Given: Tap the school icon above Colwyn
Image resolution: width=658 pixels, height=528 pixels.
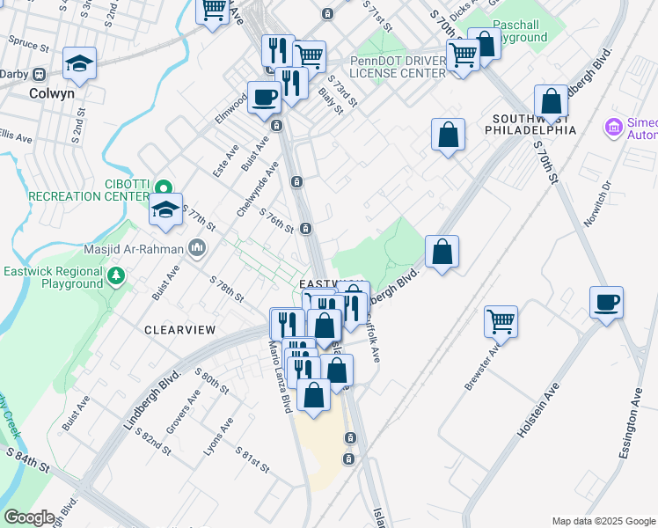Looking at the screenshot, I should [79, 62].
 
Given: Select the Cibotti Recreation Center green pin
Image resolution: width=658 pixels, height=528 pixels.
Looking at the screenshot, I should [163, 187].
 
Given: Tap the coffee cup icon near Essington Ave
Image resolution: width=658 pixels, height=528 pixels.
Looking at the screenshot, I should [607, 304].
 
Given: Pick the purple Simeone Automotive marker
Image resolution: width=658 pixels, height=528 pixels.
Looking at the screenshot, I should [613, 128].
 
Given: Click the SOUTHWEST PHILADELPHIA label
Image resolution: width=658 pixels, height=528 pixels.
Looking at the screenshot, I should [534, 124].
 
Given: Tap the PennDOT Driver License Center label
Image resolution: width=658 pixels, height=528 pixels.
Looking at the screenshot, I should [398, 67].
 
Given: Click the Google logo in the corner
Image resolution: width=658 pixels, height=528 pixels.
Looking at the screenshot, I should [29, 517].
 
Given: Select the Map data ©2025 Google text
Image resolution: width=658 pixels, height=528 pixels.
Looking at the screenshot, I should [603, 521].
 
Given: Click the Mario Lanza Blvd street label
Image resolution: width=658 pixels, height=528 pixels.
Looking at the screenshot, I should [278, 391].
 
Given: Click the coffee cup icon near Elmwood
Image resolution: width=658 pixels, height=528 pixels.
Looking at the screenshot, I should [264, 99].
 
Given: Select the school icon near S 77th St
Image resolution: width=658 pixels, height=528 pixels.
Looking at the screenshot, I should [164, 210].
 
